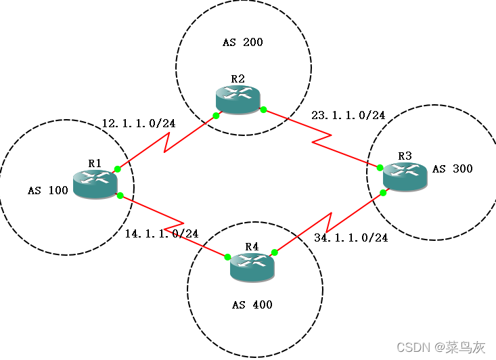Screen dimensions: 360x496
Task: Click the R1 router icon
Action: (x=95, y=183)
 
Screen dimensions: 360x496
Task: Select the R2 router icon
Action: (x=238, y=99)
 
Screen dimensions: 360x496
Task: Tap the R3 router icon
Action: (x=405, y=177)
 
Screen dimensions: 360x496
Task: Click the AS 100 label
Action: (x=48, y=191)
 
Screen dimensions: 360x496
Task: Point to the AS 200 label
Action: (x=242, y=43)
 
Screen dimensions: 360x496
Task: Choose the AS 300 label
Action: (x=453, y=168)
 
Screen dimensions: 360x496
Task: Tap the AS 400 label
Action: (x=252, y=305)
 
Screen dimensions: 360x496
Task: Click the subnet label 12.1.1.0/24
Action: (x=139, y=124)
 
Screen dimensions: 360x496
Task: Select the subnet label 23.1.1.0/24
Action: (x=348, y=116)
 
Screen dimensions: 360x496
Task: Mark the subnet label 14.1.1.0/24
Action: (x=162, y=233)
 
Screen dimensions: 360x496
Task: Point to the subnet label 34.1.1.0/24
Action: (x=351, y=238)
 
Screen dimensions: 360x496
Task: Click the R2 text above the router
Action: (x=238, y=78)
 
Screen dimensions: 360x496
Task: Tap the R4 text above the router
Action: (x=252, y=246)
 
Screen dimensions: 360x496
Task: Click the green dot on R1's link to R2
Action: (x=117, y=168)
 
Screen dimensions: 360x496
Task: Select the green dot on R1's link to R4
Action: (x=119, y=196)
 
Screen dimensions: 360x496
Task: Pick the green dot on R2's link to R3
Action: (x=263, y=110)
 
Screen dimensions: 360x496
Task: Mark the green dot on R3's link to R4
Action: (x=383, y=193)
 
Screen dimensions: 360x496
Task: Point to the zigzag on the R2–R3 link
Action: (x=321, y=139)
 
